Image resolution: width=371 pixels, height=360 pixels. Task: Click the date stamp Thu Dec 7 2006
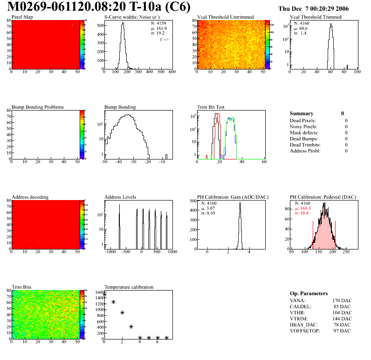click(320, 8)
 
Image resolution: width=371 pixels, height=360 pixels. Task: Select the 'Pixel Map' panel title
click(22, 17)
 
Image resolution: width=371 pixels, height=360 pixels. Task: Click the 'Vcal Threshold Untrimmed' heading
click(226, 17)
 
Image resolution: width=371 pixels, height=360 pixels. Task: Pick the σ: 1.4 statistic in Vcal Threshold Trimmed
click(300, 33)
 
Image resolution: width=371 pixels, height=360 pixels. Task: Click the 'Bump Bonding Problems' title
click(38, 107)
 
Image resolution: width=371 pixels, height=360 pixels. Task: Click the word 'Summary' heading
click(302, 113)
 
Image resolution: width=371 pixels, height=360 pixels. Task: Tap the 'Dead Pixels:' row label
click(303, 120)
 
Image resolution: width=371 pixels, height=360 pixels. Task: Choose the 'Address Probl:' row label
click(305, 151)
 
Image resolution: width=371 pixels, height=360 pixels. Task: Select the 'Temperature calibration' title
click(129, 287)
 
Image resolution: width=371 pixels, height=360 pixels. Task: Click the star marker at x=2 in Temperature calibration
click(122, 313)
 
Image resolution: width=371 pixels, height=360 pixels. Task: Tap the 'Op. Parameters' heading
click(309, 293)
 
